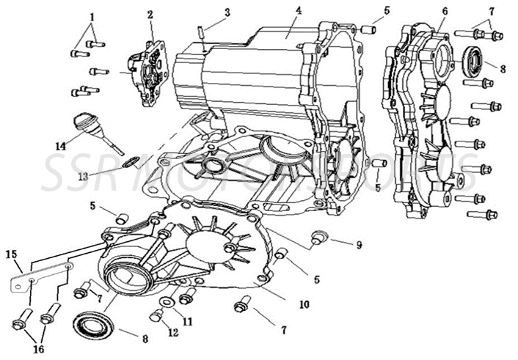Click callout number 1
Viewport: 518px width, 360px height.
[x=92, y=16]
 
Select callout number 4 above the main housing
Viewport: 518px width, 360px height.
[x=299, y=10]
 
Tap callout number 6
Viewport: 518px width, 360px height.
[x=445, y=11]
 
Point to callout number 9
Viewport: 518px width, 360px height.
[x=359, y=245]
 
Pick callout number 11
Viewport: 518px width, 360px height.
[x=187, y=320]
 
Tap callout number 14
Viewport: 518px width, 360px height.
[x=60, y=146]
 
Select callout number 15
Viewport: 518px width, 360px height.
[x=11, y=254]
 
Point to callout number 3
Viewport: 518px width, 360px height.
[x=227, y=12]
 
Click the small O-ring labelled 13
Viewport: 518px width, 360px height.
[x=129, y=161]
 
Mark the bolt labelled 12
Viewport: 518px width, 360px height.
[x=156, y=316]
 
